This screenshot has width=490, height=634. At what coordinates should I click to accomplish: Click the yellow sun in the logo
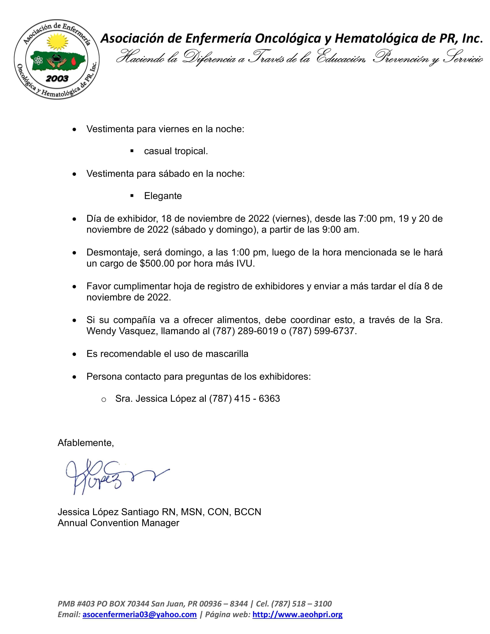57,41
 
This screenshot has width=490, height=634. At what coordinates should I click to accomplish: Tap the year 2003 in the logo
57,78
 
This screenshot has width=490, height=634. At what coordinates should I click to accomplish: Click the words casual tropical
176,151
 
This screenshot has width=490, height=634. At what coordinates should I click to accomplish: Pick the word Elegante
163,196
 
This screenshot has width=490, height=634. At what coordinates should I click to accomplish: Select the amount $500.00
157,264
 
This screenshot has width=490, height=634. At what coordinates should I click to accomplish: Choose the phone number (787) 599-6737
322,331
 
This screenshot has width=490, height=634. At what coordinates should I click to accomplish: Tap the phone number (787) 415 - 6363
244,399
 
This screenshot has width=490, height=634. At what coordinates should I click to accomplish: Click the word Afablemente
85,443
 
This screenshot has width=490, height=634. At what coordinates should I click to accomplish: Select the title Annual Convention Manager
118,523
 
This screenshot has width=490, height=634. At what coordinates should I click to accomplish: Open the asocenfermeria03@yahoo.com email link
140,614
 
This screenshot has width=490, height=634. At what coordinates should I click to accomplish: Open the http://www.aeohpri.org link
297,614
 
